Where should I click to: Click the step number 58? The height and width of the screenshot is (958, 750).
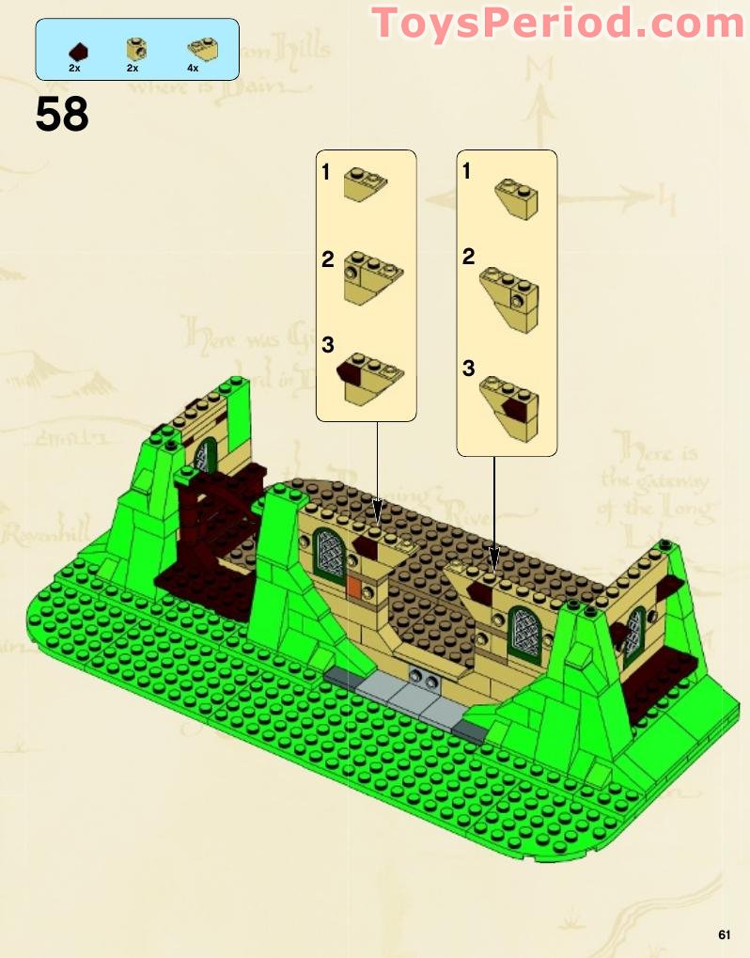(x=62, y=115)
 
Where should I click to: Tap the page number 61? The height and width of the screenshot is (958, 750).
(x=724, y=934)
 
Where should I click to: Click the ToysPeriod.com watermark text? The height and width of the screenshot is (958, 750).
(x=558, y=24)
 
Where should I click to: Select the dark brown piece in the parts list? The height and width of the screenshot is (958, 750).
(x=80, y=50)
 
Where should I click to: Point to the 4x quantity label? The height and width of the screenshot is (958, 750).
(x=193, y=69)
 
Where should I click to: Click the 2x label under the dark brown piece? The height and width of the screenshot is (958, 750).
(x=74, y=69)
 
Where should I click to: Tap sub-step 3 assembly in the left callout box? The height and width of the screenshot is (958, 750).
(x=369, y=376)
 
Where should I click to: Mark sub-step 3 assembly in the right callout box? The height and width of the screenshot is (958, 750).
(x=509, y=401)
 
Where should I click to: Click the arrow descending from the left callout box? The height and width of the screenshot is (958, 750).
(x=377, y=470)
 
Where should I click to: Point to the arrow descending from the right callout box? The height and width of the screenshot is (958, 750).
(x=493, y=512)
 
